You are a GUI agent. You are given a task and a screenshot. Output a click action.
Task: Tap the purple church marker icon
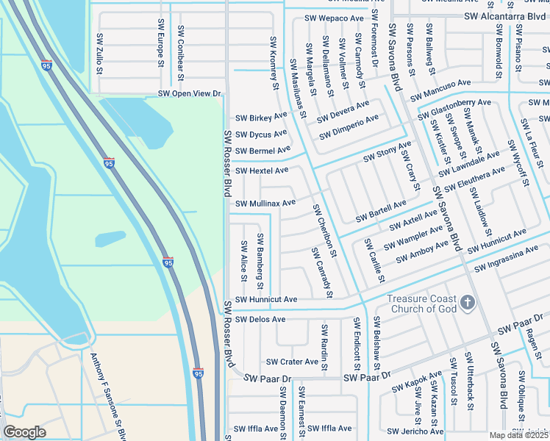click(467, 303)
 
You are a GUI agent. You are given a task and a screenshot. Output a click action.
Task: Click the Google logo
click(24, 432)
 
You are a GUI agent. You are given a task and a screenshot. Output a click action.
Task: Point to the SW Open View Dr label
click(190, 94)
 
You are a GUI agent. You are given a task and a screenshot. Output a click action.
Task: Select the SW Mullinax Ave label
click(265, 203)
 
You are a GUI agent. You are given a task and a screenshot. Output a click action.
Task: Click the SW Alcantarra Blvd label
click(507, 15)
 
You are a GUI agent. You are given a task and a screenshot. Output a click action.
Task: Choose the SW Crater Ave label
click(293, 362)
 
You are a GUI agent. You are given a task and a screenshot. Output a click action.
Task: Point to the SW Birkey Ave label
click(261, 117)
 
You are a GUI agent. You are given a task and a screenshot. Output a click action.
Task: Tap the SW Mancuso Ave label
click(440, 90)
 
